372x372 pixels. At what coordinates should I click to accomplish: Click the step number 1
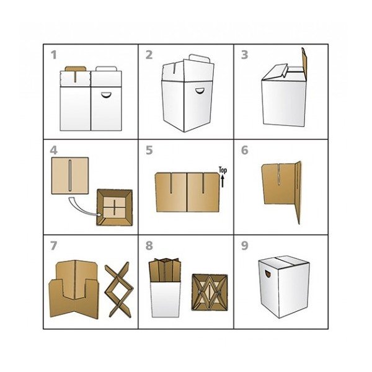coord(54,55)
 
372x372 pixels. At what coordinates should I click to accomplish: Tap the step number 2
coord(149,55)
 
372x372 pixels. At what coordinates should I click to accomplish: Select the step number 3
coord(245,55)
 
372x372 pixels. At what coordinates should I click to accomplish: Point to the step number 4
coord(54,150)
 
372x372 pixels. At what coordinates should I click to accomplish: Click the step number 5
coord(149,150)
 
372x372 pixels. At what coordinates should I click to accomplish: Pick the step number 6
coord(245,150)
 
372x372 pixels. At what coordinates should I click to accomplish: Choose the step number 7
coord(54,246)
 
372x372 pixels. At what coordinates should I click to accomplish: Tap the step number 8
coord(149,246)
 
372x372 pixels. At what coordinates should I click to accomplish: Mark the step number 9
coord(245,246)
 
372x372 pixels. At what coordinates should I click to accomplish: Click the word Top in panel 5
coord(223,170)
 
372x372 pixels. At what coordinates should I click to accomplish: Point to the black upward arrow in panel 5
coord(223,181)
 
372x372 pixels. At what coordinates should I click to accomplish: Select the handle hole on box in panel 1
coord(106,94)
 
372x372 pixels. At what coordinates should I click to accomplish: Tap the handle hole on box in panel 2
coord(200,91)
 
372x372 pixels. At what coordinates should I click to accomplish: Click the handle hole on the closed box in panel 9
coord(268,273)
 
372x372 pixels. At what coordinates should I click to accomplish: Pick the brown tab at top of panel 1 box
coord(76,69)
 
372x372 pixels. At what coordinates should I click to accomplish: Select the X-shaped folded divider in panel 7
coord(118,290)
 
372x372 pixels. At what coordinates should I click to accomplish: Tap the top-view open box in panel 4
coord(115,207)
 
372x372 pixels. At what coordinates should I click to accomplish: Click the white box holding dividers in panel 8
coord(166,299)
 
